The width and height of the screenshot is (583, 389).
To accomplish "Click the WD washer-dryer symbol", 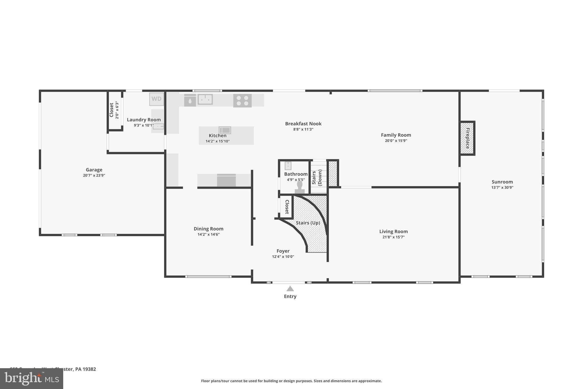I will pyautogui.click(x=156, y=99).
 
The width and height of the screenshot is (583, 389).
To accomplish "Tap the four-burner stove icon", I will pyautogui.click(x=242, y=101).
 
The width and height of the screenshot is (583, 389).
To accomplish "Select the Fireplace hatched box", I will pyautogui.click(x=467, y=138).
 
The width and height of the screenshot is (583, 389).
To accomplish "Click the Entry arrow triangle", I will pyautogui.click(x=290, y=289).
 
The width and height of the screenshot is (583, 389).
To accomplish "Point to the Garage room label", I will pyautogui.click(x=94, y=170).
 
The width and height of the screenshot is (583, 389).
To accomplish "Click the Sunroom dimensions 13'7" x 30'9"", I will pyautogui.click(x=502, y=188).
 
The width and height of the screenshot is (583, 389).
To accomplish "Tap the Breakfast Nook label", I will pyautogui.click(x=303, y=124).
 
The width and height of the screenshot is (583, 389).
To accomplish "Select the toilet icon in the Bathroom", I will pyautogui.click(x=299, y=187).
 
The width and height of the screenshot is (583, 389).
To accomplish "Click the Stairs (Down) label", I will pyautogui.click(x=317, y=178).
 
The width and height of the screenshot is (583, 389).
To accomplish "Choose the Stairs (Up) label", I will pyautogui.click(x=308, y=223).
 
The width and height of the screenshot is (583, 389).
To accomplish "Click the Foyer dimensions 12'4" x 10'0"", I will pyautogui.click(x=283, y=257).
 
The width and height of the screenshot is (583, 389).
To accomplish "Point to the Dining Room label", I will pyautogui.click(x=208, y=229).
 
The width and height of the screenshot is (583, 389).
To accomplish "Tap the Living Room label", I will pyautogui.click(x=393, y=231).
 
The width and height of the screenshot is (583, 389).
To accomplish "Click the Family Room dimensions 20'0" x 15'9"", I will pyautogui.click(x=396, y=141).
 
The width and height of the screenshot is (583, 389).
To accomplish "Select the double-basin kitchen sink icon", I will pyautogui.click(x=205, y=99).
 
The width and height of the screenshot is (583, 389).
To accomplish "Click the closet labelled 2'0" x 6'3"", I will pyautogui.click(x=114, y=110).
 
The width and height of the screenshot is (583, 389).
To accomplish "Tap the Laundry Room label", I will pyautogui.click(x=144, y=120).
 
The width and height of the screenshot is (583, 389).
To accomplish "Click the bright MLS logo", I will pyautogui.click(x=32, y=378).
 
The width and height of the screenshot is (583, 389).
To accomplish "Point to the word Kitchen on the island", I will pyautogui.click(x=217, y=136).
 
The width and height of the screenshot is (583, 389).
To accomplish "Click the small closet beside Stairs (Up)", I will pyautogui.click(x=287, y=207).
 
